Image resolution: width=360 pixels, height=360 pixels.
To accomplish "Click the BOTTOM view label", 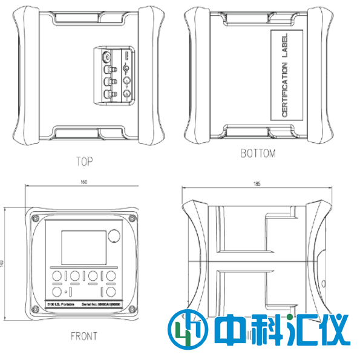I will (x=258, y=154).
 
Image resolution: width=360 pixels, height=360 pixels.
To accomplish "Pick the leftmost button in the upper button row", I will (x=56, y=276).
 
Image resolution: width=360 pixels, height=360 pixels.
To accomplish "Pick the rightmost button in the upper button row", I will (x=112, y=276).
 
